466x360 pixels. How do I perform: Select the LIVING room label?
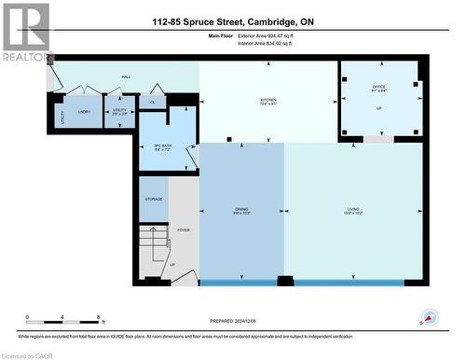click(354, 210)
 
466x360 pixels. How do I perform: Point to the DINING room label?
click(241, 210)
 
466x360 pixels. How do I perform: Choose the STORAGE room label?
click(154, 199)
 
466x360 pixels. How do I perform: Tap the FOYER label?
click(184, 228)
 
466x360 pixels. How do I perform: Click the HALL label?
click(125, 76)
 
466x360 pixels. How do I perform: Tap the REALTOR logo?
click(25, 33)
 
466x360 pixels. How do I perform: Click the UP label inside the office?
click(378, 108)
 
